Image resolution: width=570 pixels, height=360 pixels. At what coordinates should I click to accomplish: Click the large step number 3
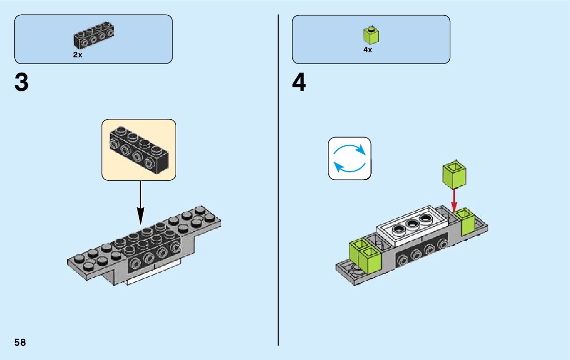21,83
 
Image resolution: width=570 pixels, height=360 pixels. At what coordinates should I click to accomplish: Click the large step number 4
299,83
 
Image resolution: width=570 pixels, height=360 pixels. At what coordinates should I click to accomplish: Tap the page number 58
20,342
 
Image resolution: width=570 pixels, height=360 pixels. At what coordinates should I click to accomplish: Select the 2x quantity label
78,55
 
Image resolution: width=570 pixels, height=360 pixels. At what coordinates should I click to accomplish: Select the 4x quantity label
367,50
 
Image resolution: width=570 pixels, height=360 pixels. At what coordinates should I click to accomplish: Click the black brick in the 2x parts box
94,36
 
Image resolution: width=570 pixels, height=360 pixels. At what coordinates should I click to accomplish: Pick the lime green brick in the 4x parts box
372,36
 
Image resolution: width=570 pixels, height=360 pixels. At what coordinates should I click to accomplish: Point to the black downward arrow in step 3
141,203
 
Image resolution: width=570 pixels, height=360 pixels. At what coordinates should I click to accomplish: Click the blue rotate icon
349,158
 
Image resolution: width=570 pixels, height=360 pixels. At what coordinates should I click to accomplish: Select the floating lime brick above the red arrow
454,174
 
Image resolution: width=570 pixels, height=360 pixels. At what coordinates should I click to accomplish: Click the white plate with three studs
412,225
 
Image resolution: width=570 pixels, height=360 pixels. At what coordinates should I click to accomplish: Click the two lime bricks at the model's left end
363,254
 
